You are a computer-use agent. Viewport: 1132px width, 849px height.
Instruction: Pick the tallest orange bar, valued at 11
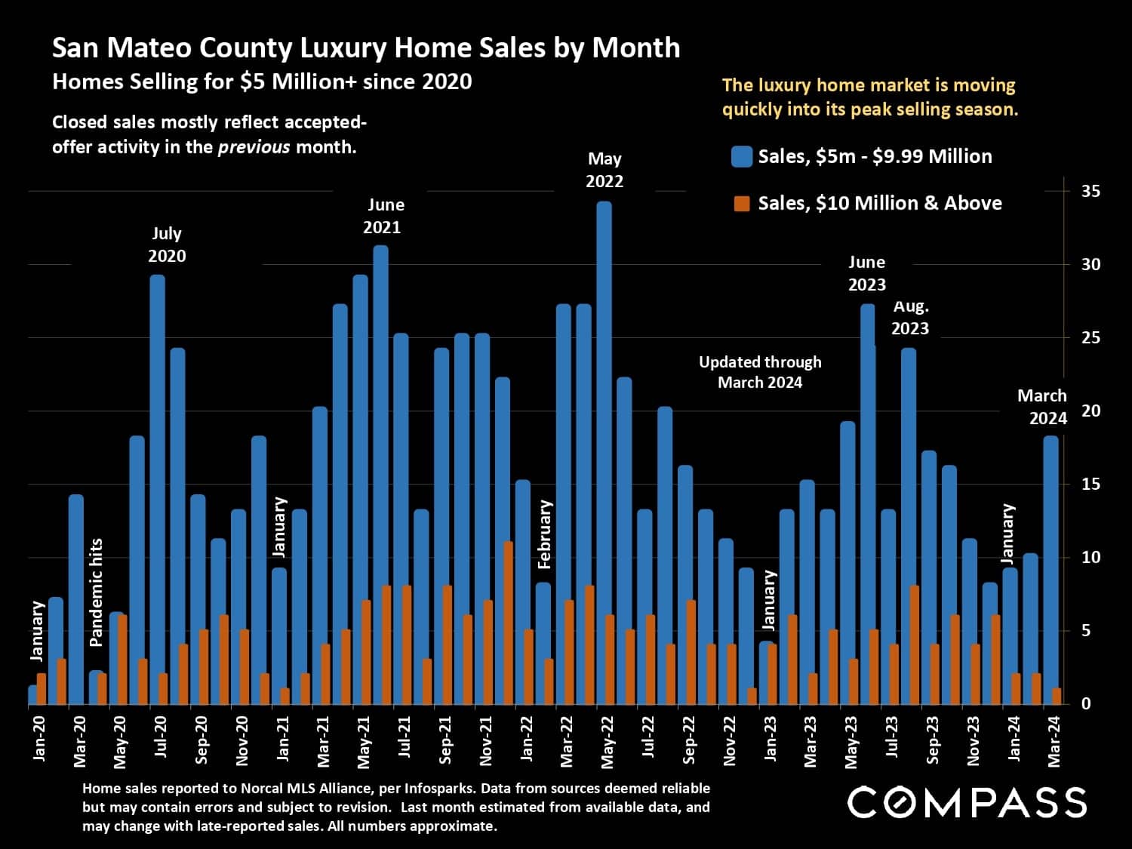pyautogui.click(x=508, y=623)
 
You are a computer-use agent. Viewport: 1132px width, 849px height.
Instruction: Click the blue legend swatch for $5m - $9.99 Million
pyautogui.click(x=742, y=157)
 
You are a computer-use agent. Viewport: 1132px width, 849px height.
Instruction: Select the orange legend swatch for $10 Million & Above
pyautogui.click(x=742, y=204)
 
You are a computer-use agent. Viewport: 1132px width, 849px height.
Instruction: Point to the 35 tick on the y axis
pyautogui.click(x=1090, y=191)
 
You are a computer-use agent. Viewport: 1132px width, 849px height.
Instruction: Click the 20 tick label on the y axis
pyautogui.click(x=1090, y=411)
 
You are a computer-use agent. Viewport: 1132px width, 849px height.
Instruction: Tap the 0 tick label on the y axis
pyautogui.click(x=1086, y=704)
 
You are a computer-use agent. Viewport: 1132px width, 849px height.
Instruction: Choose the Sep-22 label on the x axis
pyautogui.click(x=689, y=740)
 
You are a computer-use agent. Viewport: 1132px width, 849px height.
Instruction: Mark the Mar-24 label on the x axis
pyautogui.click(x=1054, y=740)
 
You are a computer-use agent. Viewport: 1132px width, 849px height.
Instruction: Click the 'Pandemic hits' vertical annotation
pyautogui.click(x=96, y=592)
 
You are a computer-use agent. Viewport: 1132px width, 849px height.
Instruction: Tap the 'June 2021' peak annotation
pyautogui.click(x=386, y=216)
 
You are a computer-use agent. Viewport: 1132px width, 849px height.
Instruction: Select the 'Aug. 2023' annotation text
pyautogui.click(x=910, y=318)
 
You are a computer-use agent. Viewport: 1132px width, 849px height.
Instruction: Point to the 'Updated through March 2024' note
pyautogui.click(x=760, y=372)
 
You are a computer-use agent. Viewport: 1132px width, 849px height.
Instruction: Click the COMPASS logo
pyautogui.click(x=967, y=802)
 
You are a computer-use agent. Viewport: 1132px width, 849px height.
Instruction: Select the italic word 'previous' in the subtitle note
pyautogui.click(x=254, y=147)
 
